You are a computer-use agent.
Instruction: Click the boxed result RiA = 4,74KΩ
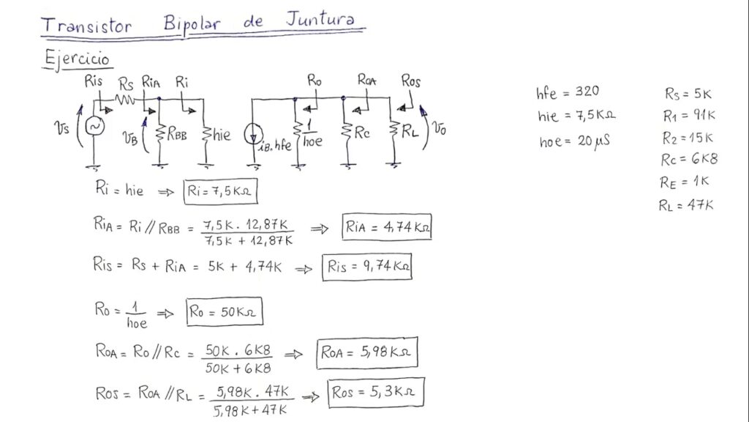click(387, 228)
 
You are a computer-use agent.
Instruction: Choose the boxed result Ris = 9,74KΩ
click(366, 267)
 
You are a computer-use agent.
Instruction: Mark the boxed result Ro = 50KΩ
click(224, 312)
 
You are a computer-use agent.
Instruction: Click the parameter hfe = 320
click(568, 92)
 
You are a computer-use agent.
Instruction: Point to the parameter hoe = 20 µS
click(575, 142)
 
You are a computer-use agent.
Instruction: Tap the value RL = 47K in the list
click(685, 205)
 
